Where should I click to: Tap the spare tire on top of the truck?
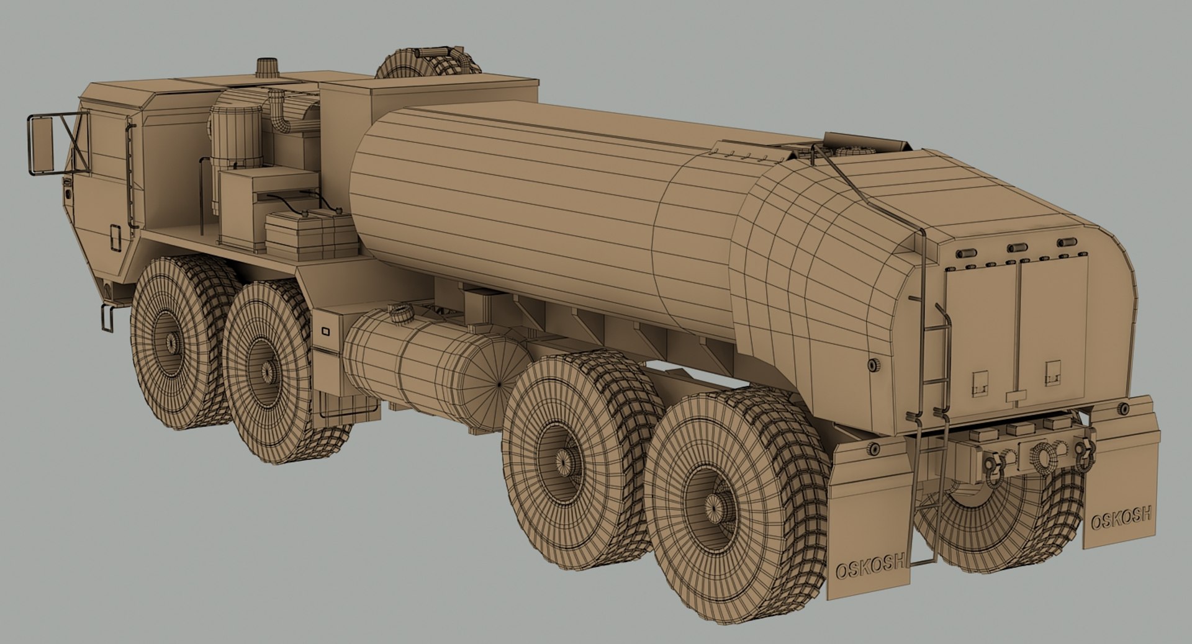pos(428,62)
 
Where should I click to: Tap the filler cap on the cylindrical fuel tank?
pos(399,312)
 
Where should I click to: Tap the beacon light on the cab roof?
pos(268,66)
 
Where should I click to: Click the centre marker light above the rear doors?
pos(1017,247)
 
